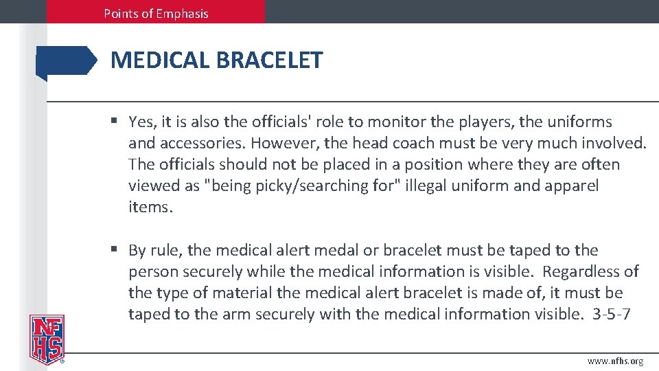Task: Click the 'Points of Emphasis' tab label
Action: tap(156, 13)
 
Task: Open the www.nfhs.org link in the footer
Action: tap(615, 361)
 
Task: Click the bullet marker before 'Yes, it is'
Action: tap(115, 122)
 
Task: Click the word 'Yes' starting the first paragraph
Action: tap(142, 122)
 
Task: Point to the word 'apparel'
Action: tap(571, 186)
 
